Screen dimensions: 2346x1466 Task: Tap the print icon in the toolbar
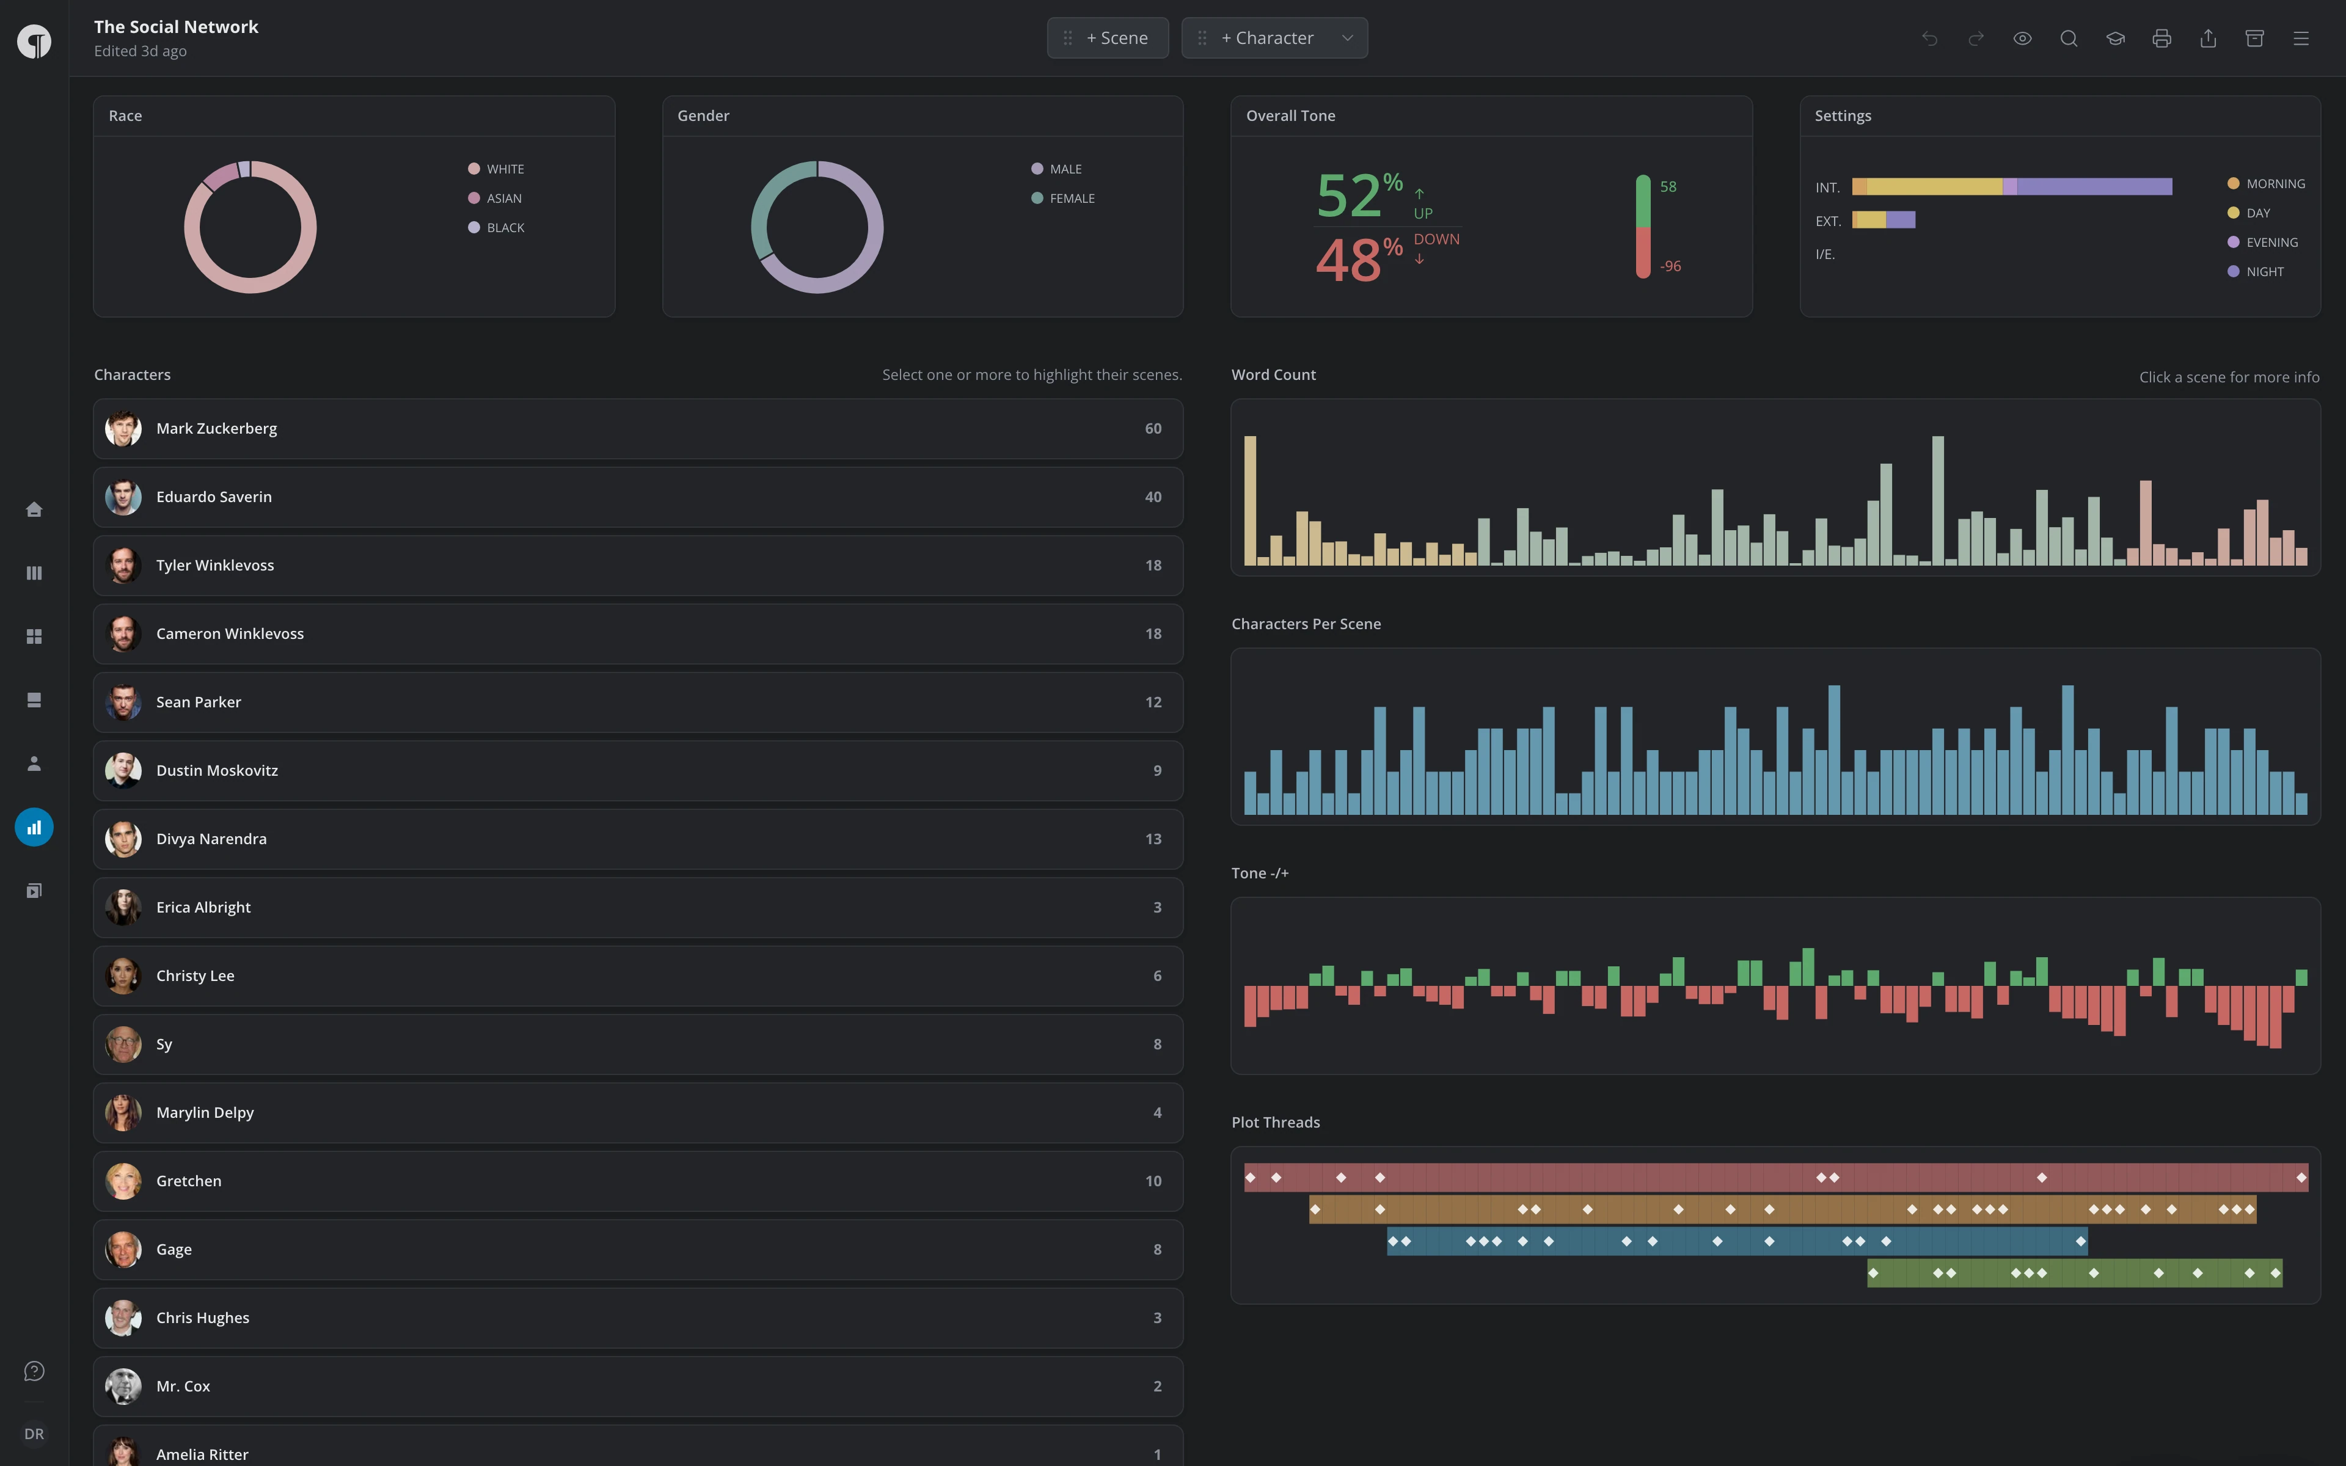2161,38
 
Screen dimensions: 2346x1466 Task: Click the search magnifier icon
2068,38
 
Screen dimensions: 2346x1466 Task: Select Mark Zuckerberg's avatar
123,429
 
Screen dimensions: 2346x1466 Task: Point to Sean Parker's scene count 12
1153,702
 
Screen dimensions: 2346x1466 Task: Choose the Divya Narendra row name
211,839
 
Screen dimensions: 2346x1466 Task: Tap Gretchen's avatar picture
123,1181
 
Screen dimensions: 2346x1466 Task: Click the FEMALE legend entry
1062,198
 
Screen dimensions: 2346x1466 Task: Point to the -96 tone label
1670,266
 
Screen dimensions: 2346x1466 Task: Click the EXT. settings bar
1884,220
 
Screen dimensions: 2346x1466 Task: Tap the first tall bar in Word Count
1251,500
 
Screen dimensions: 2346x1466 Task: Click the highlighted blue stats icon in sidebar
34,827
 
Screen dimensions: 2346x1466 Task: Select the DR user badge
34,1434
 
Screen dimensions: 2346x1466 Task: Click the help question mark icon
34,1371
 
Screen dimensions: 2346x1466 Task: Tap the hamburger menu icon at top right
2300,38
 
